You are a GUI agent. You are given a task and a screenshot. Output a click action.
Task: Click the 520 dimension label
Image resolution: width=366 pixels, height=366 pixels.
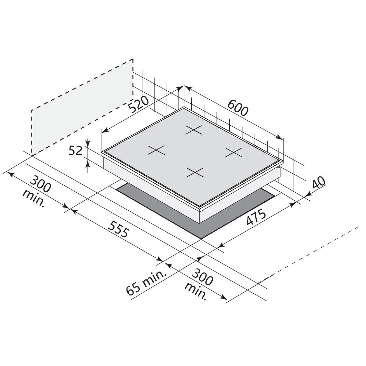pyautogui.click(x=139, y=104)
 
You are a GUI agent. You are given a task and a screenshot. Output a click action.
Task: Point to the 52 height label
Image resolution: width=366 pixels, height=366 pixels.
pyautogui.click(x=76, y=151)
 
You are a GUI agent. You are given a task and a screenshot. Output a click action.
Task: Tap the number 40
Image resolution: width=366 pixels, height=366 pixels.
pyautogui.click(x=319, y=182)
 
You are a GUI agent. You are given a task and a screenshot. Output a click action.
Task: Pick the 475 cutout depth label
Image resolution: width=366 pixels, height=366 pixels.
pyautogui.click(x=256, y=218)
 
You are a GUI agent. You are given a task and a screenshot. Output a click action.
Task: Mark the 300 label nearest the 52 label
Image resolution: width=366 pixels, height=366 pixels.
pyautogui.click(x=40, y=184)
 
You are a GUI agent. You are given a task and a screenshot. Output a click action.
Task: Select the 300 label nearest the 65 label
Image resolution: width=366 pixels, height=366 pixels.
pyautogui.click(x=202, y=277)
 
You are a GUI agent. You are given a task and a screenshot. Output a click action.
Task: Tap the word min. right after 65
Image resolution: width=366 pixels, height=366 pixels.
pyautogui.click(x=154, y=278)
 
